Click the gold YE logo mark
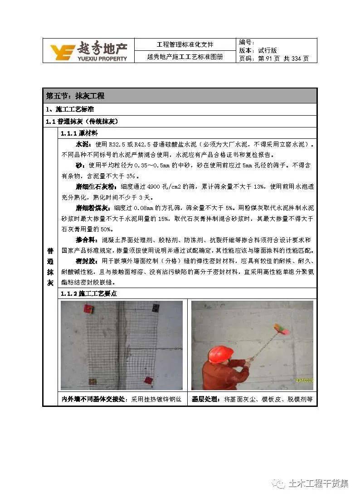[x=62, y=52]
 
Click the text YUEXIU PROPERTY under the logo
[x=102, y=59]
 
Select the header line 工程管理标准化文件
[x=185, y=44]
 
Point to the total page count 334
[x=296, y=59]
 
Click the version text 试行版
[x=268, y=50]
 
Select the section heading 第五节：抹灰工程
[x=75, y=96]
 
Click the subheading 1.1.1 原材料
[x=79, y=133]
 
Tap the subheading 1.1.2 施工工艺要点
[x=89, y=294]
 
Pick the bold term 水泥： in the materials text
[x=84, y=144]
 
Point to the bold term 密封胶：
[x=88, y=261]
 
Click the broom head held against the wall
[x=282, y=329]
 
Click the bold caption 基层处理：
[x=206, y=399]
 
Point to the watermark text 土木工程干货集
[x=318, y=484]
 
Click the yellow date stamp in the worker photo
[x=304, y=380]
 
